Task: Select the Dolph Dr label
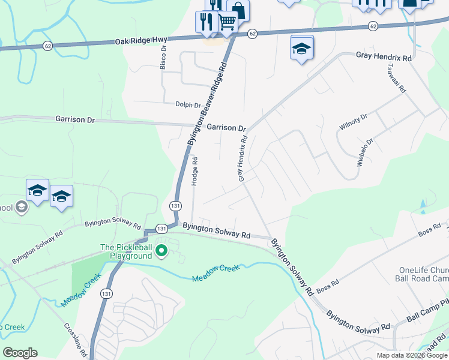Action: point(188,105)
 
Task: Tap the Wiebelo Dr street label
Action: point(366,154)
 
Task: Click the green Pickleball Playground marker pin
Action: point(161,250)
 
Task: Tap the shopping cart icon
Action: point(227,22)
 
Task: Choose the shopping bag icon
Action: point(238,10)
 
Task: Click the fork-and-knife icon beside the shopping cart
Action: point(206,22)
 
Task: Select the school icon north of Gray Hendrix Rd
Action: point(301,49)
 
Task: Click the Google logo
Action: point(20,353)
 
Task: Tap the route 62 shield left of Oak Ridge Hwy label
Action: point(47,46)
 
